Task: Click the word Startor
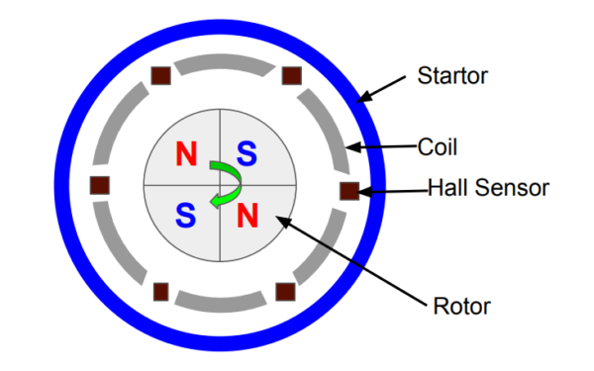click(452, 75)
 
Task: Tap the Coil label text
click(438, 146)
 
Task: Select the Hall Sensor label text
click(488, 187)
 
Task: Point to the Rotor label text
click(461, 306)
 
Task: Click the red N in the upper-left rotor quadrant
click(186, 153)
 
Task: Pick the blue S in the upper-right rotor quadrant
click(247, 153)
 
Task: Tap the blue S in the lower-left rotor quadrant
click(186, 215)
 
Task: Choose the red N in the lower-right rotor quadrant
click(247, 215)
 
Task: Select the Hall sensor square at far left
click(100, 186)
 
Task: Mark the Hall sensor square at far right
click(349, 191)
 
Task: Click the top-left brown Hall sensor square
click(161, 76)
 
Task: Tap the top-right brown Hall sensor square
click(292, 76)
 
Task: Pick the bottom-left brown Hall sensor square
click(161, 292)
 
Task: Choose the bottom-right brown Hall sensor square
click(285, 292)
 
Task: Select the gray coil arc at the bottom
click(221, 305)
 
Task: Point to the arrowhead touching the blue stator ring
click(363, 97)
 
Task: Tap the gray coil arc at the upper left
click(114, 121)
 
